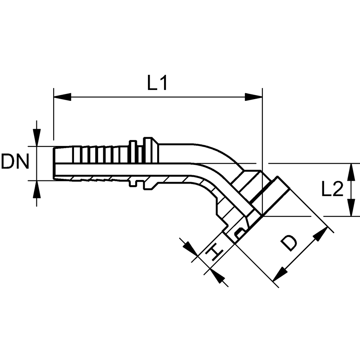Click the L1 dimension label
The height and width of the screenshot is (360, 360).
[157, 83]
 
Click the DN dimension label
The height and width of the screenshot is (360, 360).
[15, 162]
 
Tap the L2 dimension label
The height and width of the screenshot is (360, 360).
[332, 189]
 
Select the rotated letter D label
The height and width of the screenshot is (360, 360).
[289, 243]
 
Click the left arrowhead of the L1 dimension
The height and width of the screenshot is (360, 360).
[62, 97]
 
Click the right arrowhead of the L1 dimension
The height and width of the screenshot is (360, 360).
[254, 97]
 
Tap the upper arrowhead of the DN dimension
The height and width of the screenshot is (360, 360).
[37, 138]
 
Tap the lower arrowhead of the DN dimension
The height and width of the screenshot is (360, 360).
[37, 189]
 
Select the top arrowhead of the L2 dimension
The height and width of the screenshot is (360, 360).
[351, 172]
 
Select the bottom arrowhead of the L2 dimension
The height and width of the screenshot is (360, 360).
[351, 208]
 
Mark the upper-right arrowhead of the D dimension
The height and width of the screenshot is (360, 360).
[321, 234]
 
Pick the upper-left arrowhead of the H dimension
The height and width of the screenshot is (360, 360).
[190, 249]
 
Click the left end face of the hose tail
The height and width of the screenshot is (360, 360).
[54, 163]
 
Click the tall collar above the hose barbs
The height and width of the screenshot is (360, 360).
[150, 150]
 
